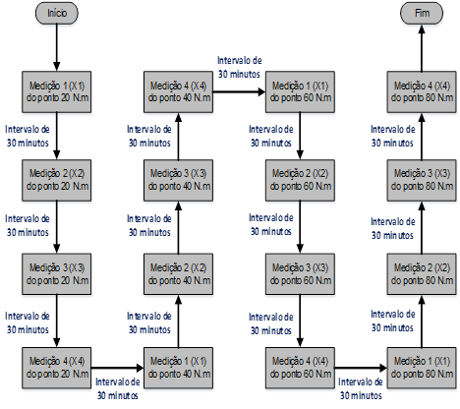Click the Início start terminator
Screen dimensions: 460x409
coord(57,13)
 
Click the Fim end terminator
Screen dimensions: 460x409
coord(422,13)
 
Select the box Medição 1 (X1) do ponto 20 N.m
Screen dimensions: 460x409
coord(57,91)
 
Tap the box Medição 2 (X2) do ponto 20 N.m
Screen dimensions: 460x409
coord(57,180)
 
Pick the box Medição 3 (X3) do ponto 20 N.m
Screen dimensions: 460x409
coord(57,274)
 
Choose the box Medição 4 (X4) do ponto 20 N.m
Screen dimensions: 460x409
coord(57,368)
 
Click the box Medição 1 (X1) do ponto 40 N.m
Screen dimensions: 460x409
coord(178,368)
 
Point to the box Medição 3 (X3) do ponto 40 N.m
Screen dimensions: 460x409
coord(178,180)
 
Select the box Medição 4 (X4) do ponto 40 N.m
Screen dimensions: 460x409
coord(178,91)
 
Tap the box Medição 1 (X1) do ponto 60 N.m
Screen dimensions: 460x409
coord(300,91)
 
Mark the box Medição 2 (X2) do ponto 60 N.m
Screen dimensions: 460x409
coord(300,180)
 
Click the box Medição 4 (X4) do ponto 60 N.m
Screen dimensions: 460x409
coord(300,368)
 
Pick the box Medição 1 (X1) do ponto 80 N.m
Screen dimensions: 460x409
coord(422,368)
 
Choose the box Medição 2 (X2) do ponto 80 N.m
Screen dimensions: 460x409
coord(422,274)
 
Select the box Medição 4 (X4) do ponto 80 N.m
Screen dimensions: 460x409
coord(422,91)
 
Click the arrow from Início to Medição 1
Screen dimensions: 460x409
coord(57,47)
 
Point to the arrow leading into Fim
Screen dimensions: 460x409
coord(422,48)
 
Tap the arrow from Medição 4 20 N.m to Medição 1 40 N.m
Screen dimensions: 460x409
coord(117,368)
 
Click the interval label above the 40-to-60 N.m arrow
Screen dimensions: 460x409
coord(240,67)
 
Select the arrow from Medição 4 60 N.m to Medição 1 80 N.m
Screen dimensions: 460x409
coord(361,368)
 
